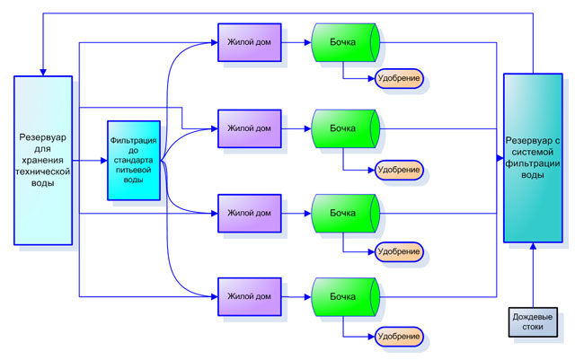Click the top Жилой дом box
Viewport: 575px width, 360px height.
(x=249, y=43)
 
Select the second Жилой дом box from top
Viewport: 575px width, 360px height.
(x=249, y=127)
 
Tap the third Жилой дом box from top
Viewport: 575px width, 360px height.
(x=249, y=213)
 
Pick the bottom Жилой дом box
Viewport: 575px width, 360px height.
(x=249, y=296)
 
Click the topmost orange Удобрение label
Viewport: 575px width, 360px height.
(x=399, y=78)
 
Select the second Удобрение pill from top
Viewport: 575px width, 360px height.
(x=399, y=169)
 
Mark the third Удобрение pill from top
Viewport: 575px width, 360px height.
(x=399, y=252)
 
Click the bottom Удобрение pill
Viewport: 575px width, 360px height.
(x=399, y=337)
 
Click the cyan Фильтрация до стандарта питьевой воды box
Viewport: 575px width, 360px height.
(x=134, y=160)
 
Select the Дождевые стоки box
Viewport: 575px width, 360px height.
(x=532, y=321)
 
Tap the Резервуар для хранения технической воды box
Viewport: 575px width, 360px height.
(x=42, y=160)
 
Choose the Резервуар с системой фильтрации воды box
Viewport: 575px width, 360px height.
(x=533, y=158)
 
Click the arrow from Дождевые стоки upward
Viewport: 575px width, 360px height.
(x=533, y=274)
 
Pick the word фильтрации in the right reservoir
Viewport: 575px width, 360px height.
(x=533, y=163)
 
